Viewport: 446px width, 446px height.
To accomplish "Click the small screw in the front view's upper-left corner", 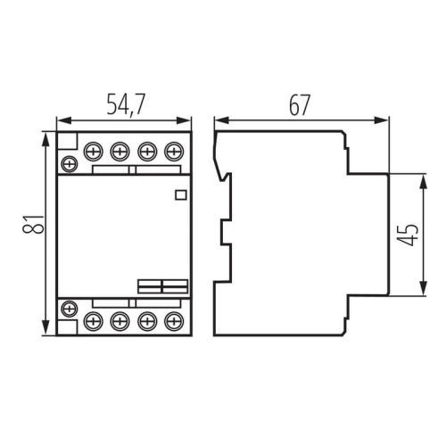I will [69, 163].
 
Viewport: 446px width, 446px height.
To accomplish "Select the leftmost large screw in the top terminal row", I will [93, 151].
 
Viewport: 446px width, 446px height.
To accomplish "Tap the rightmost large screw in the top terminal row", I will [173, 151].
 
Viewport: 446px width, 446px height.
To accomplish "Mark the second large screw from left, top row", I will [120, 151].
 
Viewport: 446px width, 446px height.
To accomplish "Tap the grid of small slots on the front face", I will [161, 285].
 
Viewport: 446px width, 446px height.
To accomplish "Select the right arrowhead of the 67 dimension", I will [384, 120].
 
